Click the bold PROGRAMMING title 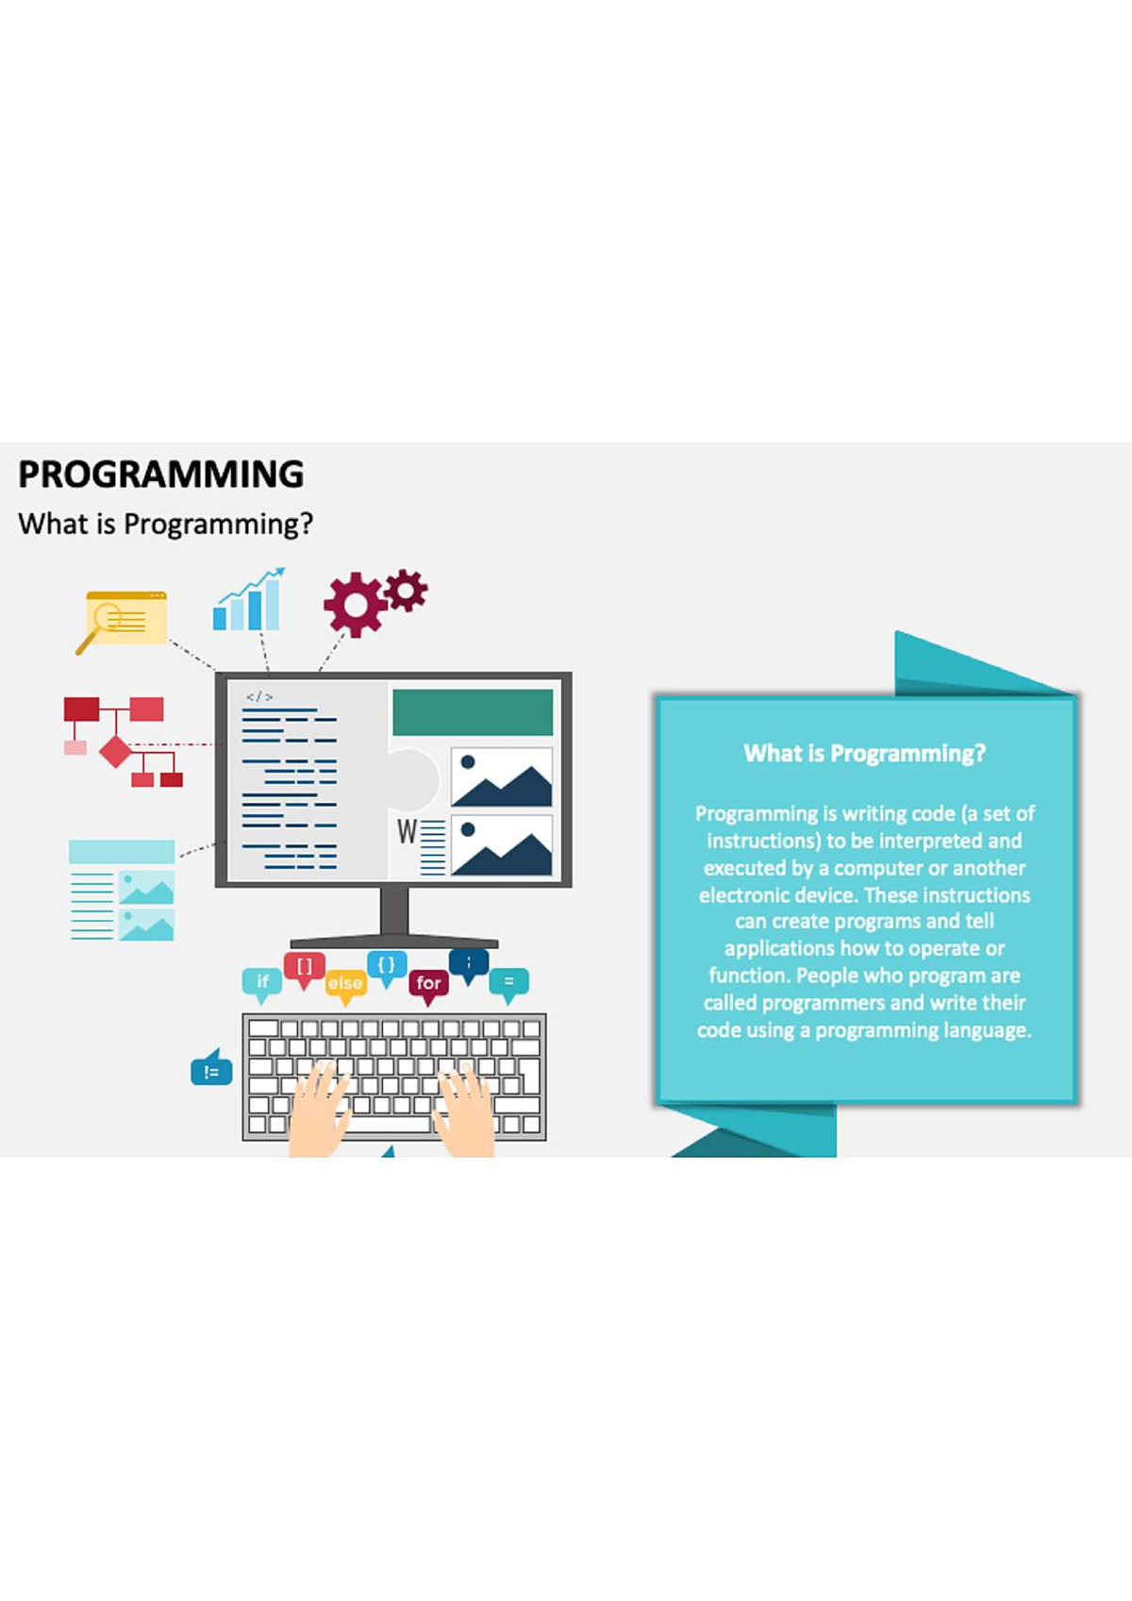[x=160, y=474]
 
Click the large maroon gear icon [x=355, y=605]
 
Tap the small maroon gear [x=406, y=591]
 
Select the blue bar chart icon [x=249, y=599]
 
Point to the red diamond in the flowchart [x=116, y=751]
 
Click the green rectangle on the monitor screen [x=473, y=712]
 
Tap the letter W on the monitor [x=407, y=831]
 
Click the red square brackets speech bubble [x=305, y=970]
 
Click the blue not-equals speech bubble [x=211, y=1069]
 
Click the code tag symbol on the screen [x=258, y=697]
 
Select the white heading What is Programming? [x=865, y=753]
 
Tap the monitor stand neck [x=394, y=909]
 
